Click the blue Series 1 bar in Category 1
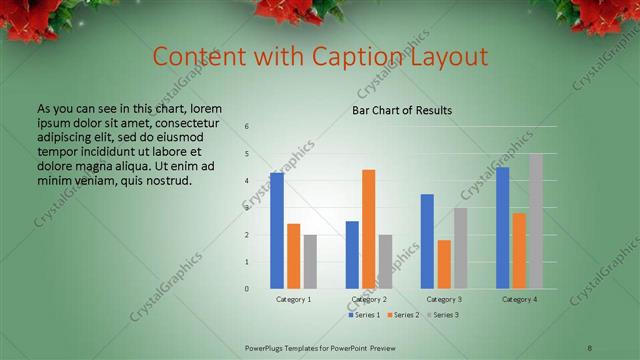coord(277,231)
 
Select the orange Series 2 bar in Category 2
coord(369,229)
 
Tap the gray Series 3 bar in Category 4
coord(536,221)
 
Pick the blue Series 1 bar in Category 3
coord(427,241)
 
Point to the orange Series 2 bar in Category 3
coord(444,264)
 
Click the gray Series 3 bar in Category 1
coord(310,262)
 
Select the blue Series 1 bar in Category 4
coord(503,228)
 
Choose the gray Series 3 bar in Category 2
coord(386,262)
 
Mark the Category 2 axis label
coord(370,299)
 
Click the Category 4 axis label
coord(519,299)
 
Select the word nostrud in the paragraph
coord(166,181)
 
